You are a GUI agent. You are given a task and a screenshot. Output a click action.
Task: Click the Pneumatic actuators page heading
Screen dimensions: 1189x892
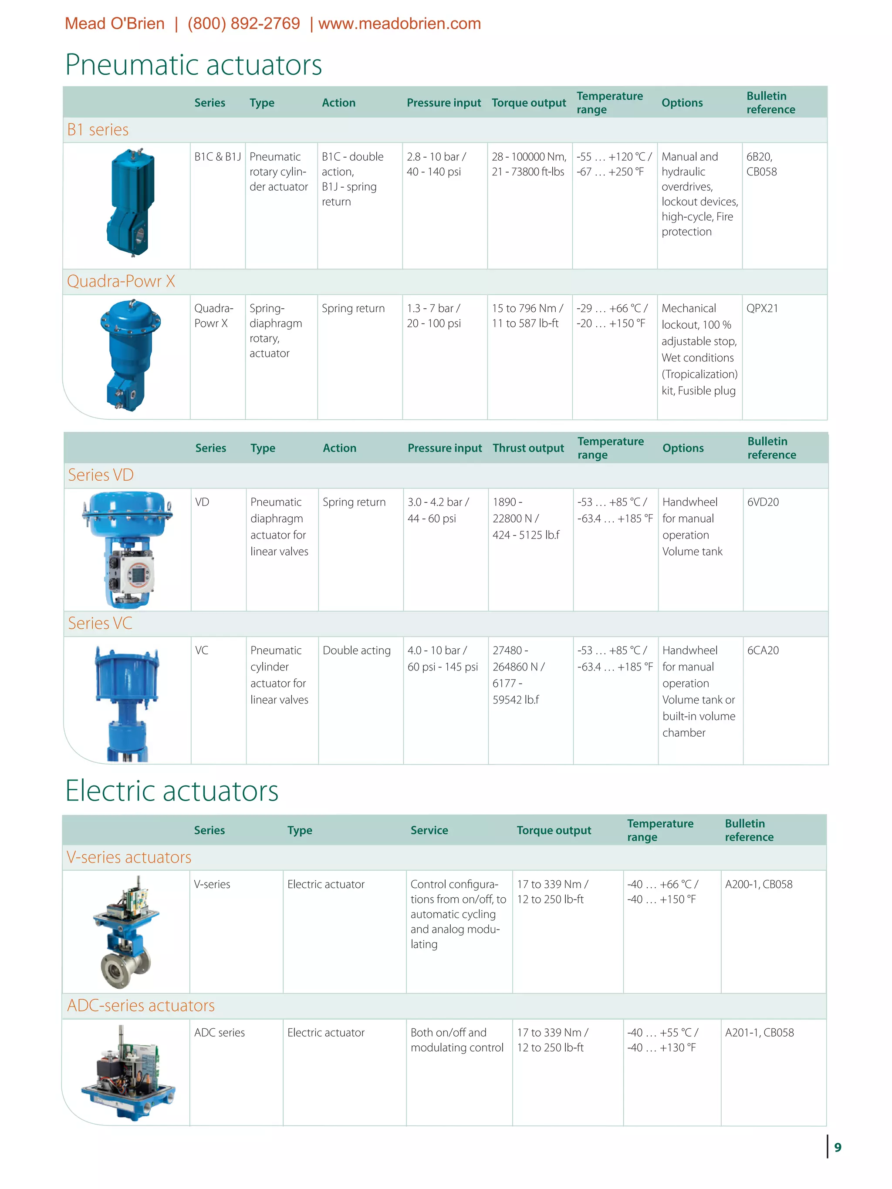[x=193, y=65]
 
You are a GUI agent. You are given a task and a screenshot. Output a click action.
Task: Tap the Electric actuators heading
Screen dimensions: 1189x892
[x=172, y=791]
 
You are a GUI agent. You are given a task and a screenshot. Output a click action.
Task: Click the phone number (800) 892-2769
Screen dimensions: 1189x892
[x=243, y=24]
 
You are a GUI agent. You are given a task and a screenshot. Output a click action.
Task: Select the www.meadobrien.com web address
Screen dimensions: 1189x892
[x=399, y=24]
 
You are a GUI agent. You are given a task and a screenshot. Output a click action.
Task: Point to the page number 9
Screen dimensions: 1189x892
[x=837, y=1147]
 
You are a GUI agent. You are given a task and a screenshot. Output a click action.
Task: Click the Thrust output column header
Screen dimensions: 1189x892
[x=528, y=448]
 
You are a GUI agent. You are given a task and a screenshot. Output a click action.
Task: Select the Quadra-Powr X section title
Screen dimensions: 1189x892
[x=121, y=281]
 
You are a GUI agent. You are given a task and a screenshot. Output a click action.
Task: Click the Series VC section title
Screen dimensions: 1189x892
[x=100, y=623]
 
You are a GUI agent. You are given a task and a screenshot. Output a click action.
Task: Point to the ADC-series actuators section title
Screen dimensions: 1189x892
[x=141, y=1005]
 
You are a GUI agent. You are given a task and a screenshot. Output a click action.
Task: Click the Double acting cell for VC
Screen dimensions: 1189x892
[x=356, y=650]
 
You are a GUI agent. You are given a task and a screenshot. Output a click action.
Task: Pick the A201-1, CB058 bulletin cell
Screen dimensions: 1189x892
[x=759, y=1033]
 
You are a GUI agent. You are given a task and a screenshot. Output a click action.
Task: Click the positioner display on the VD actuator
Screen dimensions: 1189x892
[x=138, y=575]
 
